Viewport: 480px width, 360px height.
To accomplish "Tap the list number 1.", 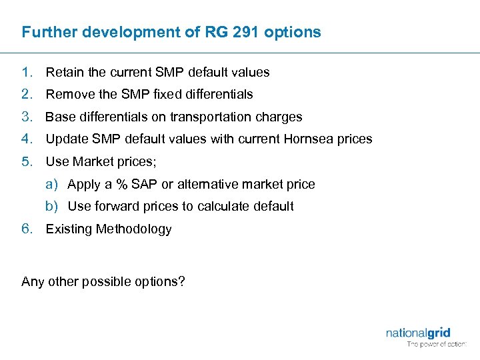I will (27, 72).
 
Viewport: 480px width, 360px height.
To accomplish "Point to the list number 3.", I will (27, 117).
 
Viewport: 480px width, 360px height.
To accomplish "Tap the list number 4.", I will (27, 139).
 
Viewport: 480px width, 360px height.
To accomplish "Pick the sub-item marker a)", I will (51, 184).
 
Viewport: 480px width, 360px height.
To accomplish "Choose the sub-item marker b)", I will (51, 207).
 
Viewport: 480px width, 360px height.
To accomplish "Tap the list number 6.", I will (27, 229).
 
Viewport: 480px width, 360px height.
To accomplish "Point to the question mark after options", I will (182, 281).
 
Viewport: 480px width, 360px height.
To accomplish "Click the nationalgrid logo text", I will (417, 333).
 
